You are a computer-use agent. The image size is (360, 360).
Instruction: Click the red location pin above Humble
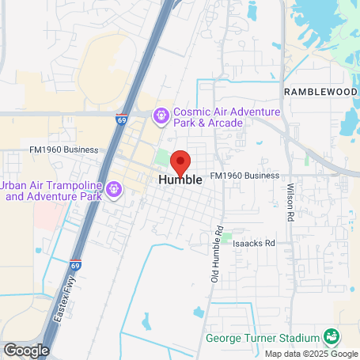[180, 162]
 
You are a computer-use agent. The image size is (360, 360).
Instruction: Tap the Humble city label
[180, 180]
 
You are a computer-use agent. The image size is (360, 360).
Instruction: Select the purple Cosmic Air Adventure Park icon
[161, 117]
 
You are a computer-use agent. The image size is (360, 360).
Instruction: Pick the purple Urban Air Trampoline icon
[114, 189]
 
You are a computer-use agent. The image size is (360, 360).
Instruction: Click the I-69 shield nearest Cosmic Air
[121, 119]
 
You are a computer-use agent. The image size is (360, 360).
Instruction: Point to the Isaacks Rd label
[253, 244]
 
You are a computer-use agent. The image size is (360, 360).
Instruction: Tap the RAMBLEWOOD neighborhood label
[320, 92]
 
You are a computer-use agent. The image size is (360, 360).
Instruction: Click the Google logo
[26, 350]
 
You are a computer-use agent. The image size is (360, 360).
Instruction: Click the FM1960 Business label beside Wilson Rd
[246, 175]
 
